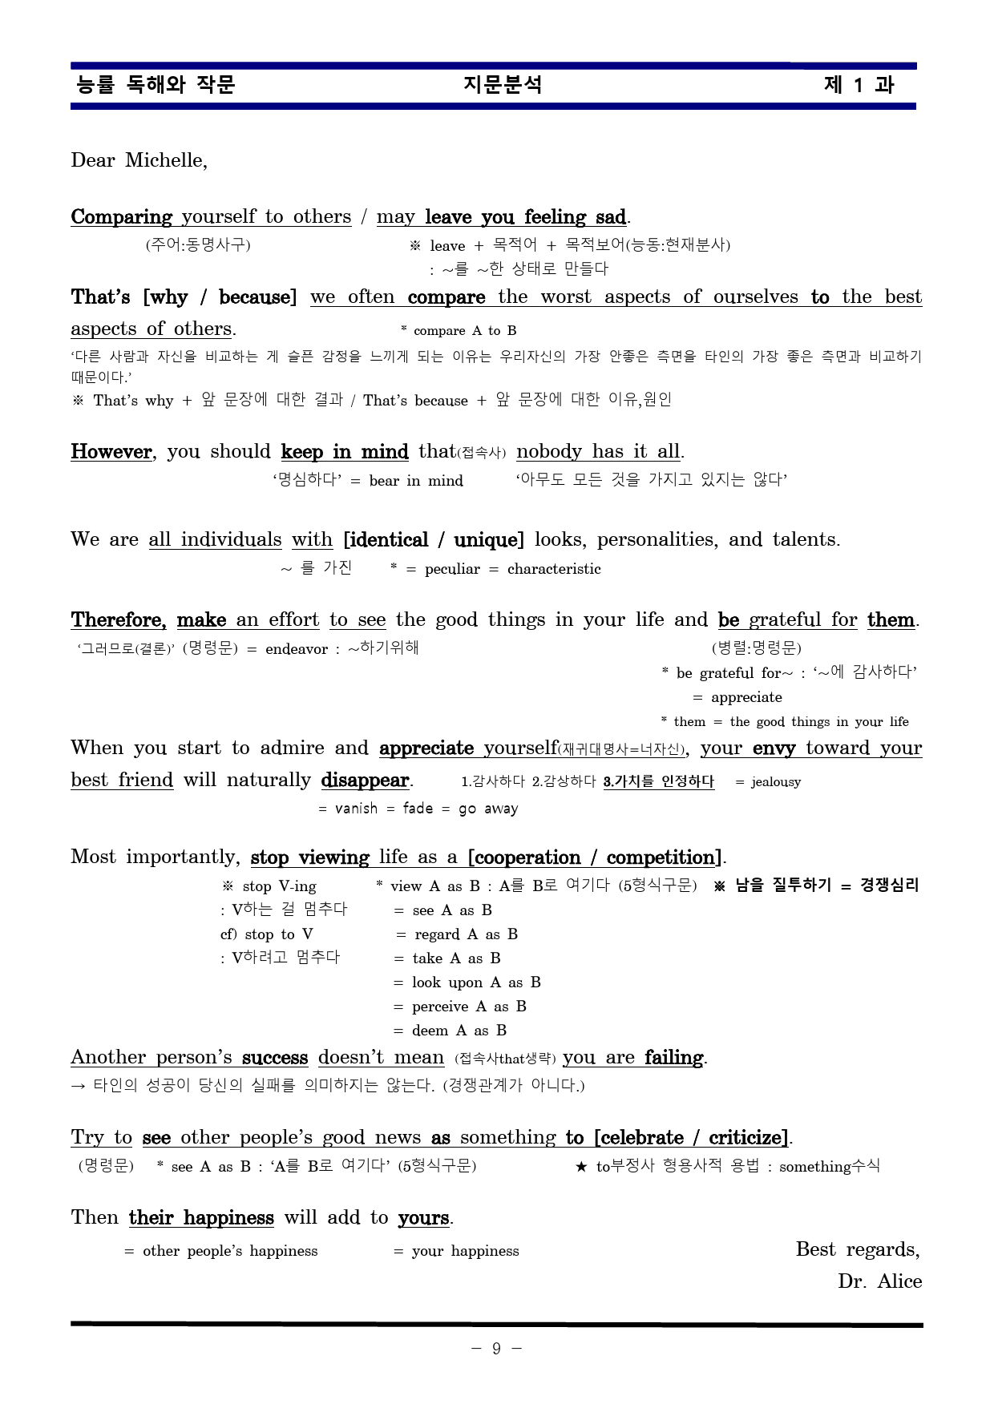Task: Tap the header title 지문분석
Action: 503,85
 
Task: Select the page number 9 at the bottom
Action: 496,1349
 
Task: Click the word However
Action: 111,451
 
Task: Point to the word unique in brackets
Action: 486,539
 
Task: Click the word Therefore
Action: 118,619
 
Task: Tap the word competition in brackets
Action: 661,857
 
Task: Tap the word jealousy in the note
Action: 775,782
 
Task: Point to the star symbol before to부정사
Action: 582,1167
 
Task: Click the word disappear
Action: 366,780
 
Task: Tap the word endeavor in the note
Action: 297,649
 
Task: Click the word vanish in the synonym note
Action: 356,809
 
